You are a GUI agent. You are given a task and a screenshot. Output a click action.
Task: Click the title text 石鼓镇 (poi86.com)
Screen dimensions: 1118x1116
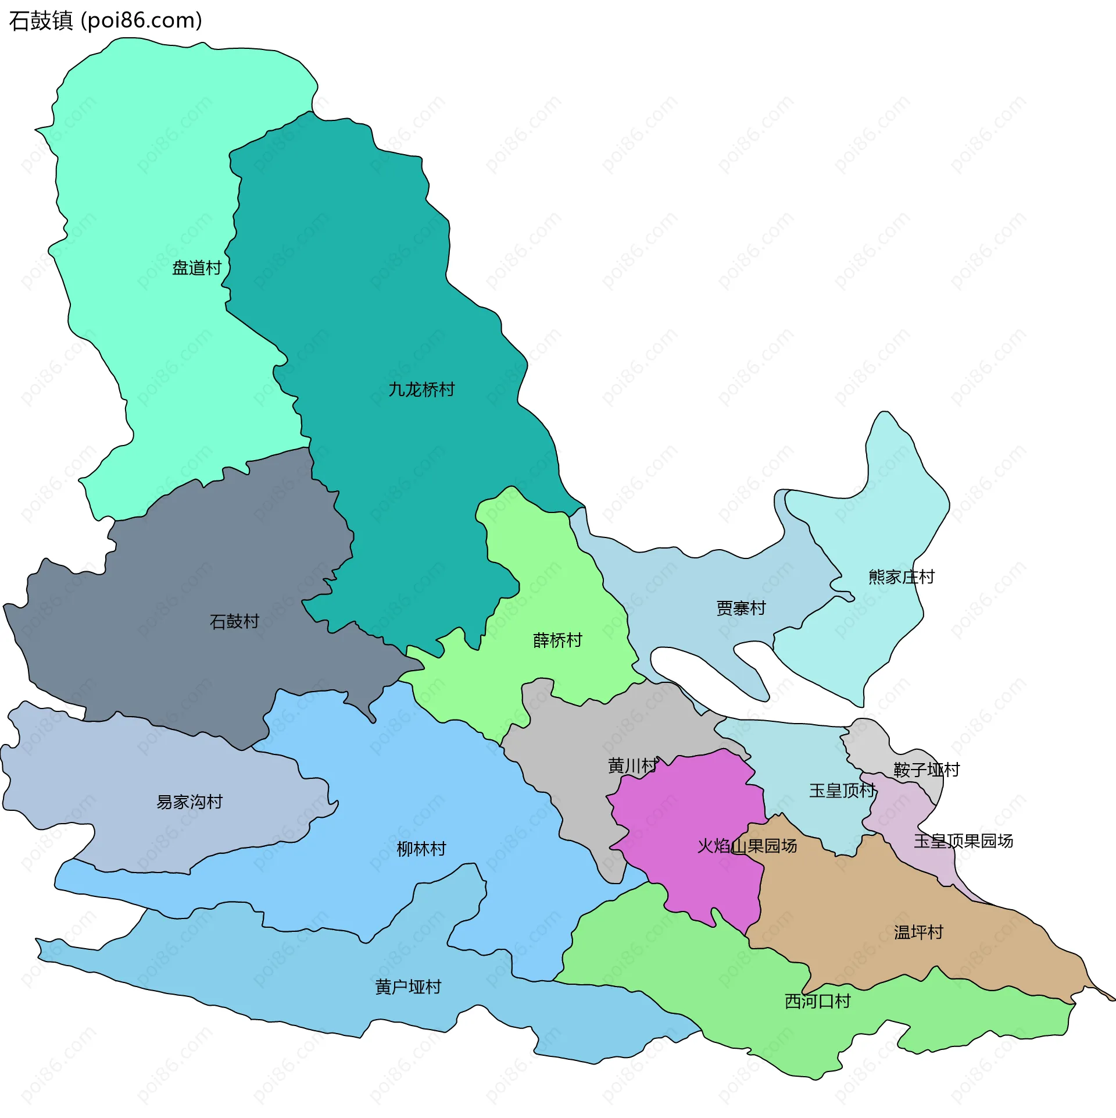click(x=106, y=21)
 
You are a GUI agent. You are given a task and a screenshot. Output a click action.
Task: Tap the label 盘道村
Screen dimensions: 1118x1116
click(x=197, y=268)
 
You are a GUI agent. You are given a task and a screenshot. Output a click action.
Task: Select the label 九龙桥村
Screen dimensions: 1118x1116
click(x=421, y=390)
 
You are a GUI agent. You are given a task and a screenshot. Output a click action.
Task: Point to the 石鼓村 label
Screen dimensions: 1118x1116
click(x=234, y=622)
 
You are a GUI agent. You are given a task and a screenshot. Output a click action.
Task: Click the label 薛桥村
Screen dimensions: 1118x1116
click(x=557, y=640)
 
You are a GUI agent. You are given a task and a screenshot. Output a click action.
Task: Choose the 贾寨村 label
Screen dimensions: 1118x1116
click(x=741, y=608)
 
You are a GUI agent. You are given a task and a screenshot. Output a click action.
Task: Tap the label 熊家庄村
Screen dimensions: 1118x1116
click(x=902, y=577)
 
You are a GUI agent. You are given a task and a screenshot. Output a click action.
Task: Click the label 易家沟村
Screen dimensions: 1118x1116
click(x=189, y=802)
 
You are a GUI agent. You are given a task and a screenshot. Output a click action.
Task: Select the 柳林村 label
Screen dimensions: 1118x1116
click(x=421, y=849)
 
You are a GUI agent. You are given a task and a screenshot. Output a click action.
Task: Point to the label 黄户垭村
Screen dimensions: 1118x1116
click(x=408, y=987)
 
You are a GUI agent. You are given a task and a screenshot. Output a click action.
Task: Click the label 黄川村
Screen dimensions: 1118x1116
click(x=633, y=766)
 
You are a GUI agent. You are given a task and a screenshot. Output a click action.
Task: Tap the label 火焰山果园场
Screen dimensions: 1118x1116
click(x=747, y=846)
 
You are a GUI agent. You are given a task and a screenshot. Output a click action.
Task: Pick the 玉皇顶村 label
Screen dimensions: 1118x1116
click(x=842, y=791)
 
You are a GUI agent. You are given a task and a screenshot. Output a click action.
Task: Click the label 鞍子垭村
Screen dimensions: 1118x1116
click(x=927, y=770)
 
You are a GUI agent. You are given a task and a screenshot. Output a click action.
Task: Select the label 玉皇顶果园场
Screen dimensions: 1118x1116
click(x=963, y=841)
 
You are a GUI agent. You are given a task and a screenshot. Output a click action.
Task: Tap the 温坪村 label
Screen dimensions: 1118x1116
click(x=918, y=932)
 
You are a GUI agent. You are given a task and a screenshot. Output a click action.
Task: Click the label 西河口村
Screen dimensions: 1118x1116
click(x=818, y=1001)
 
